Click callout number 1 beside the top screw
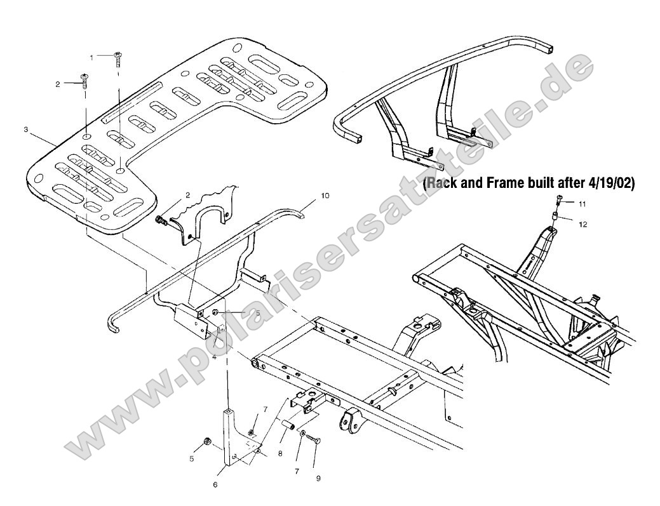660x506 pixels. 91,57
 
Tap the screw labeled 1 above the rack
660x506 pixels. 118,59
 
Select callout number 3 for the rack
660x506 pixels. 25,129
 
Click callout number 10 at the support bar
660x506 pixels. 325,197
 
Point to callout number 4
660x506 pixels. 215,357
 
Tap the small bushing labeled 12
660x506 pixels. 555,217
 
